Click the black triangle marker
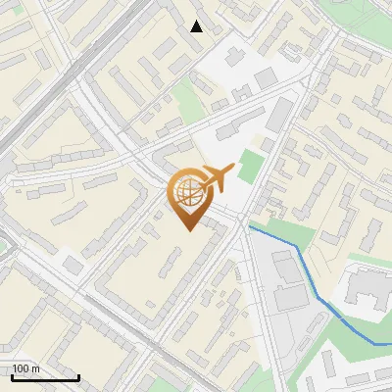(x=197, y=26)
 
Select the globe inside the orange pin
(x=188, y=193)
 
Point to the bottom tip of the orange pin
(x=188, y=229)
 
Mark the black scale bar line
(x=45, y=378)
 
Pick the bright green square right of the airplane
(x=250, y=166)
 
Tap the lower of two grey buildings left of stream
(x=291, y=297)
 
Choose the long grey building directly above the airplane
(x=235, y=126)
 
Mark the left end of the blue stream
(x=251, y=226)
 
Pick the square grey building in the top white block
(x=265, y=77)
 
